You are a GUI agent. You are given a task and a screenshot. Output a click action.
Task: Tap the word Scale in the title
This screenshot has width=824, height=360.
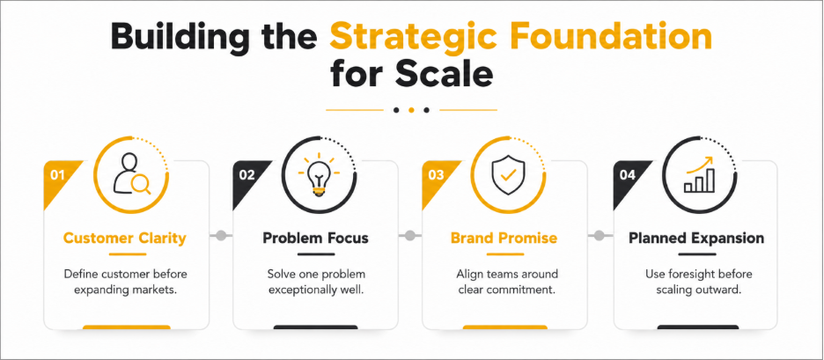445,74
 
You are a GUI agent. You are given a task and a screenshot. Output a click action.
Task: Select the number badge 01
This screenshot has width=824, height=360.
57,175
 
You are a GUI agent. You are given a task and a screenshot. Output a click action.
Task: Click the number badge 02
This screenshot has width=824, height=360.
247,175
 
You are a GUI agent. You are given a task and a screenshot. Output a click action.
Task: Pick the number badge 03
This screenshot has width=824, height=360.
436,175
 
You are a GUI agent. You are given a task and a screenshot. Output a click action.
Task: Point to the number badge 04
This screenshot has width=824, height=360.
628,175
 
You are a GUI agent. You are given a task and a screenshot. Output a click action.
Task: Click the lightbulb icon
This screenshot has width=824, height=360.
319,175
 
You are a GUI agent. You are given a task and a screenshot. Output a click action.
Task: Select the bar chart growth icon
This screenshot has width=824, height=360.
699,174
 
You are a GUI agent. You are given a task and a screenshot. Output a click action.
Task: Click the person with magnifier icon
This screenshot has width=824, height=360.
131,174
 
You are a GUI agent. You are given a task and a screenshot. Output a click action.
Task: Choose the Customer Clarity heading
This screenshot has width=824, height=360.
124,239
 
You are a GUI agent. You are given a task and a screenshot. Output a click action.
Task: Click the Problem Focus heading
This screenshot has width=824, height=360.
315,239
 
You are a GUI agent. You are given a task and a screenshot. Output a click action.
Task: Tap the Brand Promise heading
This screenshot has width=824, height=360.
504,239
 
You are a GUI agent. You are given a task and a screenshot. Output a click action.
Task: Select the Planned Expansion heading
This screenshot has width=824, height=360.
696,239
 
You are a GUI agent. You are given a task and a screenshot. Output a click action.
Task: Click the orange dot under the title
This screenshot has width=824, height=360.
411,110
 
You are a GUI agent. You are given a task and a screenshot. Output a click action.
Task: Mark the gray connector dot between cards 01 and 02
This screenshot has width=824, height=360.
221,235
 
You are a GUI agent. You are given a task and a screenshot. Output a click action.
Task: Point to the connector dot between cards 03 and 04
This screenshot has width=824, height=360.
600,235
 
